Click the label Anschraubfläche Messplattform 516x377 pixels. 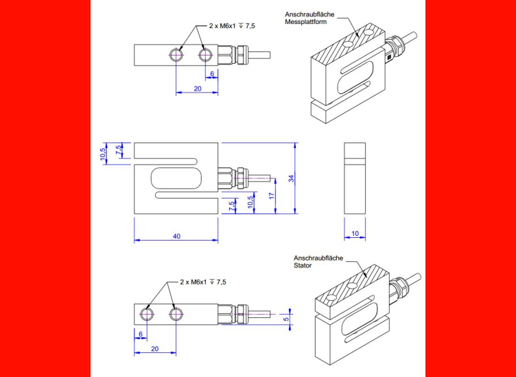pyautogui.click(x=305, y=18)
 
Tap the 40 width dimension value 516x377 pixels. pyautogui.click(x=176, y=236)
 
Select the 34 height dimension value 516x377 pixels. pyautogui.click(x=291, y=178)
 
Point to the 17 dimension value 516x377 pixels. pyautogui.click(x=272, y=195)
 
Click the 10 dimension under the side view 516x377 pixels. pyautogui.click(x=355, y=234)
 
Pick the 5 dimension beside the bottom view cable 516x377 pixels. pyautogui.click(x=285, y=318)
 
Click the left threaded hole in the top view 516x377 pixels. pyautogui.click(x=178, y=54)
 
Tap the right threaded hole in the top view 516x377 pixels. pyautogui.click(x=204, y=54)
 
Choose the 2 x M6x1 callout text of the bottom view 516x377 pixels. pyautogui.click(x=202, y=282)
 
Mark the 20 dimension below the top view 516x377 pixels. pyautogui.click(x=198, y=89)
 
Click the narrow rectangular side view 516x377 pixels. pyautogui.click(x=355, y=179)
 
